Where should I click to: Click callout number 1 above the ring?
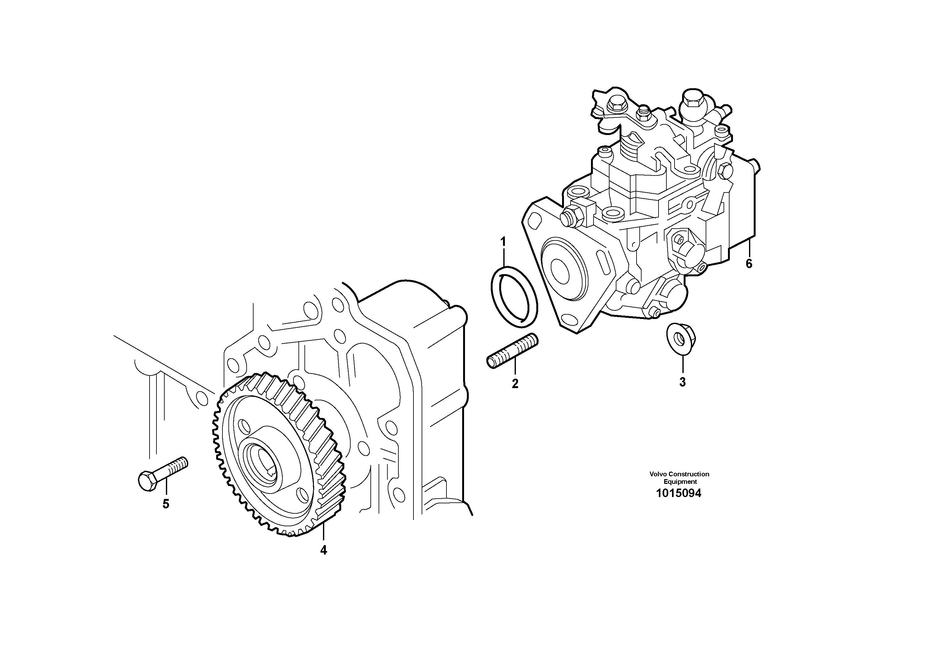[x=503, y=242]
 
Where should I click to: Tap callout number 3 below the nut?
[x=682, y=382]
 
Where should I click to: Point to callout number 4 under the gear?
[x=323, y=550]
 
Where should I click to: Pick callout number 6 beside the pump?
[x=749, y=264]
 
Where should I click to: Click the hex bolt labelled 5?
[x=163, y=474]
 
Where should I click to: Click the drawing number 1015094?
[x=679, y=494]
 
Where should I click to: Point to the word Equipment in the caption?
[x=680, y=482]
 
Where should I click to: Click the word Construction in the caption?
[x=689, y=474]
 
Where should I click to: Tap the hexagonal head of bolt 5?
[x=147, y=481]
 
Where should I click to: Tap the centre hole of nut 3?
[x=679, y=338]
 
